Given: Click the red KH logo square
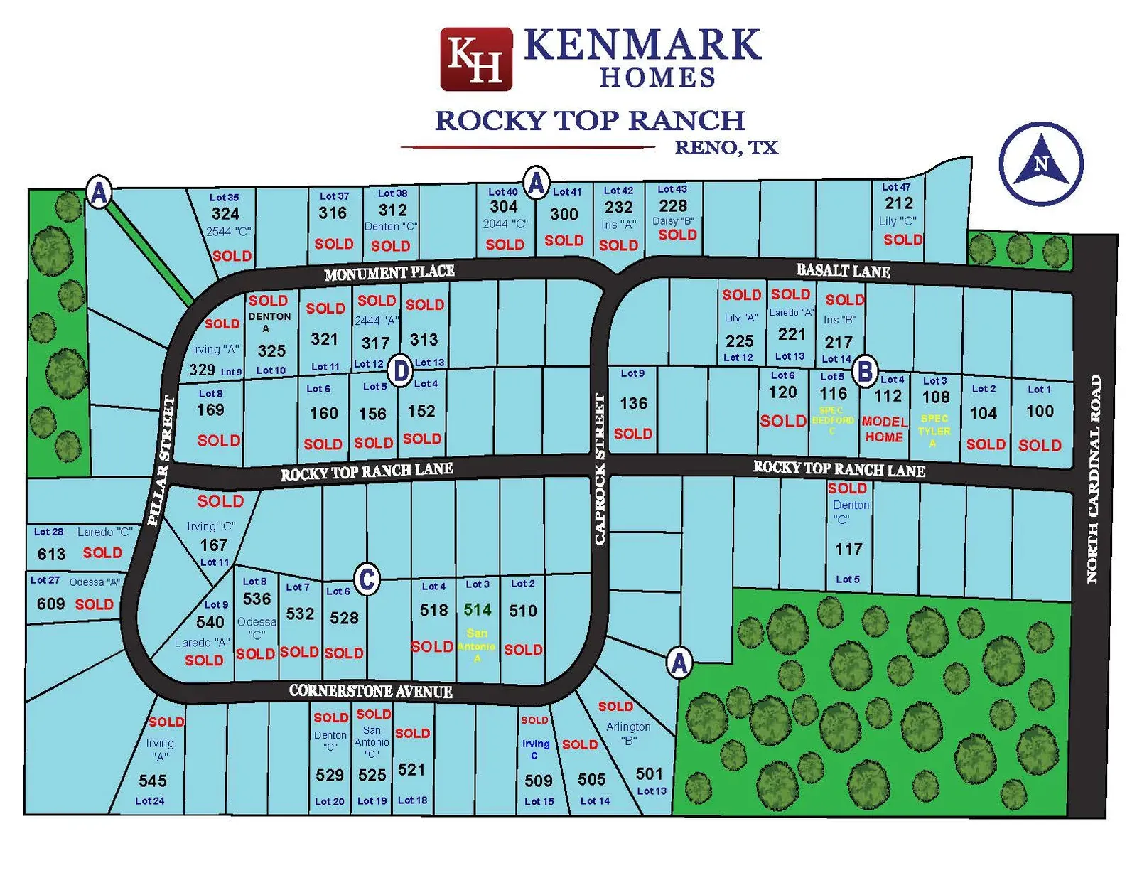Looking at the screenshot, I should (475, 59).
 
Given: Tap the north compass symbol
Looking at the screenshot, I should (1040, 164).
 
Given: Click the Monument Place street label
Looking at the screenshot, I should (389, 273).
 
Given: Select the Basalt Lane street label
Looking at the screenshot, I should (843, 270).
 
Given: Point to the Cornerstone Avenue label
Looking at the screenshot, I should (370, 691).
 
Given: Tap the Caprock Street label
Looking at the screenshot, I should (600, 469).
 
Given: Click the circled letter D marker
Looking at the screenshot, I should (401, 370).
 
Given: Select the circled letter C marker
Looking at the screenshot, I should (367, 579).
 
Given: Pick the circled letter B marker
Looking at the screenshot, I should (864, 371).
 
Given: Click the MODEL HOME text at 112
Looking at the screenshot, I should (884, 429).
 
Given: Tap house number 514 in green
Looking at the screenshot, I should (477, 609).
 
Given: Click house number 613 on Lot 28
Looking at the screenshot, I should (51, 554).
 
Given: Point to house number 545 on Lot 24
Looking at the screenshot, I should (152, 781).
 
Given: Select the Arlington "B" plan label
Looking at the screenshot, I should (628, 733).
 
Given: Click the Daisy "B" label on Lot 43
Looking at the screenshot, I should (673, 221).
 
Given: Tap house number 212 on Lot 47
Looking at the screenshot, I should (898, 203).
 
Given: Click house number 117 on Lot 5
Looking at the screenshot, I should (848, 549).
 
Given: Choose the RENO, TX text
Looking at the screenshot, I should (726, 148).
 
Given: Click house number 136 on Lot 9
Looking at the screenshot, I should (633, 404).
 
